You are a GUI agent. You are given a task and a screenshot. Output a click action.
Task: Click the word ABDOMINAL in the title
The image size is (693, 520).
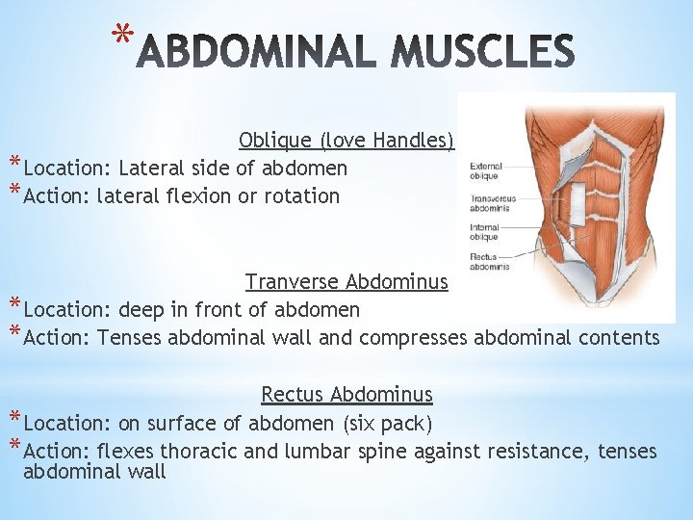point(254,53)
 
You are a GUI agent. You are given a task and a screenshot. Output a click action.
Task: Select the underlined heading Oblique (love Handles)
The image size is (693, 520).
point(346,140)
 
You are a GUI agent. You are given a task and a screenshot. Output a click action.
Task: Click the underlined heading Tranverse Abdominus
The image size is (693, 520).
point(346,282)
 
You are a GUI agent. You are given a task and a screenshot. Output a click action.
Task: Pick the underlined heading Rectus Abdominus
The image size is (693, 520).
point(346,395)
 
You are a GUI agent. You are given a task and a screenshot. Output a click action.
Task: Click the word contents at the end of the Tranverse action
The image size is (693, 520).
point(620,338)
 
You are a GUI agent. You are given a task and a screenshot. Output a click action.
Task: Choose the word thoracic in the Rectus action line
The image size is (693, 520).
point(198,452)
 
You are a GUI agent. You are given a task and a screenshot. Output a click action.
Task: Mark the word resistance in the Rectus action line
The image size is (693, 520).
point(540,452)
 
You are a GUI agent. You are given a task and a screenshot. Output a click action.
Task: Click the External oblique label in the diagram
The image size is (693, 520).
point(486,172)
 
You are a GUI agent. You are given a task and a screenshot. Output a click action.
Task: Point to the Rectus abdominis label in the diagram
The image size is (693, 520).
point(489,261)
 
